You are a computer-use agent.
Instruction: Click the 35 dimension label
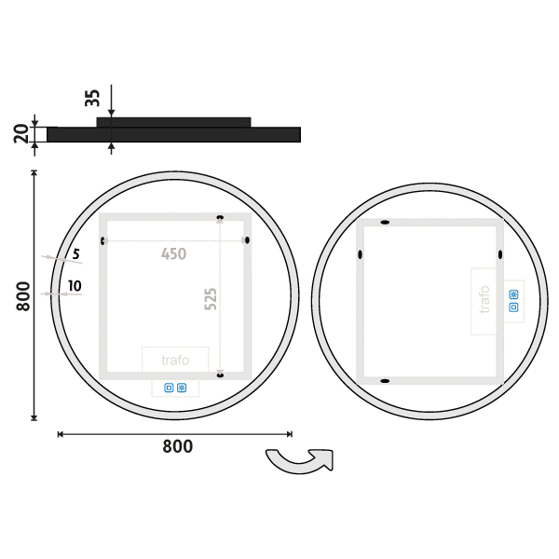tap(92, 98)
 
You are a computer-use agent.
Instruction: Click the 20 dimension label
tap(21, 133)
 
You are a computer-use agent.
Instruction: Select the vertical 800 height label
tap(23, 296)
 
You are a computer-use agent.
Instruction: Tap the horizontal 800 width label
tap(178, 446)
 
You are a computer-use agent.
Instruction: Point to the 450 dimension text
tap(173, 253)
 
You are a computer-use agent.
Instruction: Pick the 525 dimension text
tap(211, 299)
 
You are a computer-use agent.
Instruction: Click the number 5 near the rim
tap(76, 254)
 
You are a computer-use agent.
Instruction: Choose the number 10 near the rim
tap(75, 286)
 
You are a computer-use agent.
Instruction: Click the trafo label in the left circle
tap(175, 360)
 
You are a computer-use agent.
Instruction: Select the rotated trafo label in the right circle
tap(484, 299)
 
